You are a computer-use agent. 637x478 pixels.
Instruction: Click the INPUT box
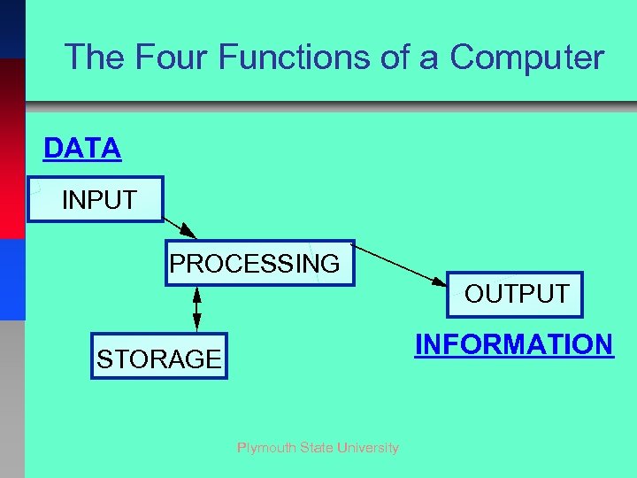[96, 199]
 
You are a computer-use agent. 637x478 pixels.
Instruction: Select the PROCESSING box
[259, 263]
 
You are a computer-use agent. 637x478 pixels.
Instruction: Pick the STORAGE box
[159, 357]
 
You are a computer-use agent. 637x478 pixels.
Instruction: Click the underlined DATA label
[82, 149]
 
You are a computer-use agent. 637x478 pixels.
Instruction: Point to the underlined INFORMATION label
[514, 344]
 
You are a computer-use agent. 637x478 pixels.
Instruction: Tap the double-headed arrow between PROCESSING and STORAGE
[196, 308]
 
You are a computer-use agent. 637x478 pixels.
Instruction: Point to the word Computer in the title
[526, 58]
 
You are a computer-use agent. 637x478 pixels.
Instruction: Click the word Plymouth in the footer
[266, 448]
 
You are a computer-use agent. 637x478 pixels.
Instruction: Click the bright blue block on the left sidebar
[12, 279]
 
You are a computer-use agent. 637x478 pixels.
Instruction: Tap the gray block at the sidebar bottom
[12, 398]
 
